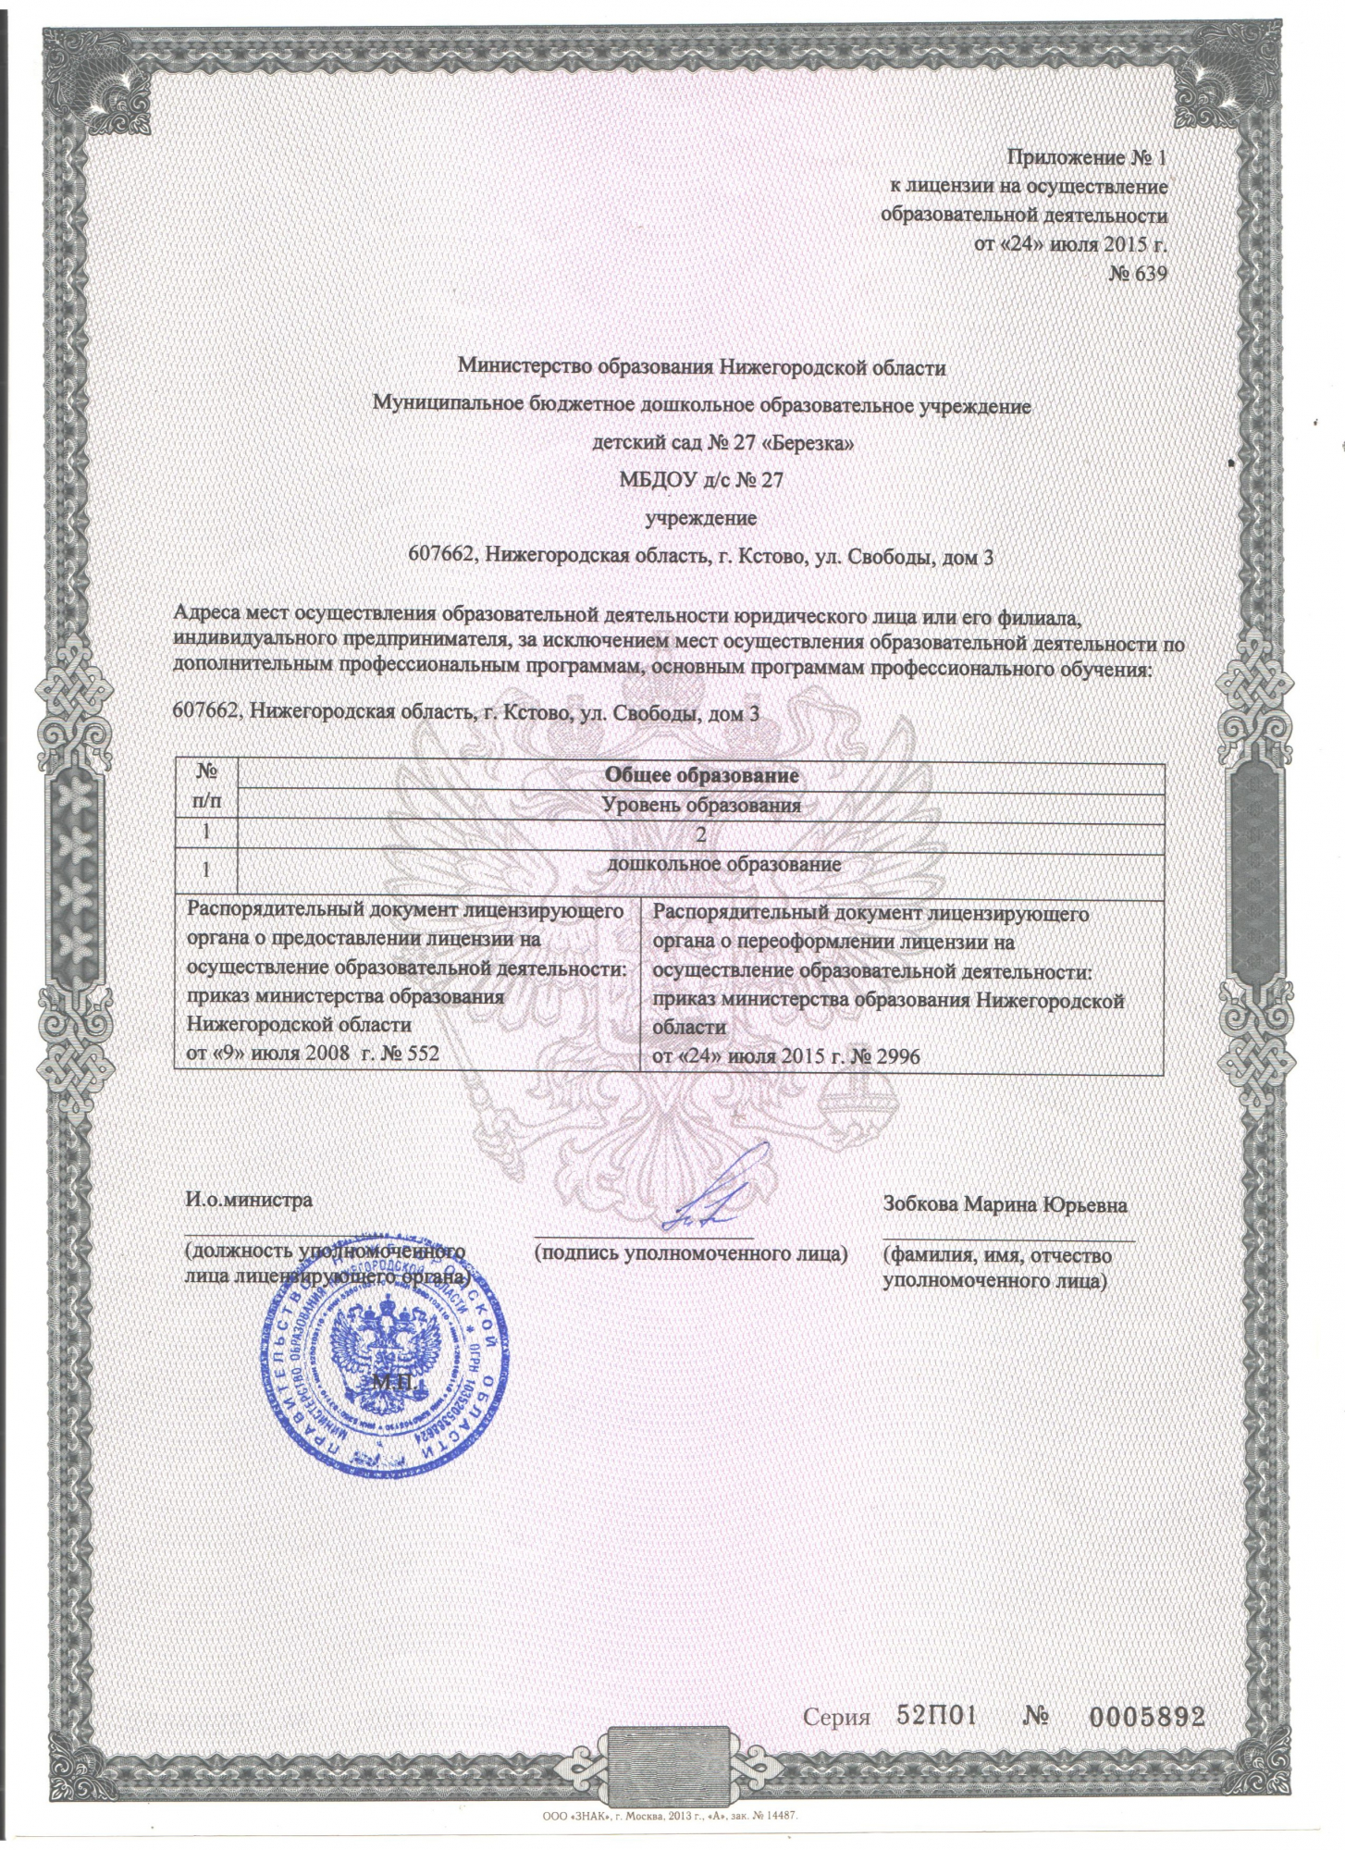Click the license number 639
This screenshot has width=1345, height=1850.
pos(1149,275)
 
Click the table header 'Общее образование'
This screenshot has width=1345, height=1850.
pos(700,774)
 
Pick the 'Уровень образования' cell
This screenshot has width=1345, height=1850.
pos(700,805)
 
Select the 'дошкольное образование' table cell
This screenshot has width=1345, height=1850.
pos(723,866)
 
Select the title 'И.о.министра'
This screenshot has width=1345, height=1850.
pos(249,1201)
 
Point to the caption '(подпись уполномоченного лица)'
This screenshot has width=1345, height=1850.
pos(691,1254)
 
